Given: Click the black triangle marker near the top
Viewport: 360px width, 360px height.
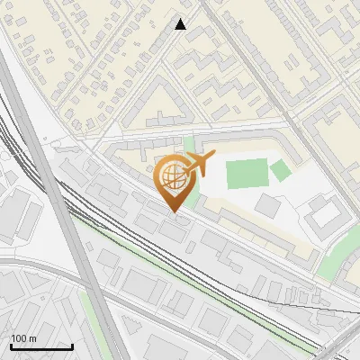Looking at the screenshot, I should coord(181,24).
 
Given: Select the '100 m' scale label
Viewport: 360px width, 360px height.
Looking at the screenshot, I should coord(23,338).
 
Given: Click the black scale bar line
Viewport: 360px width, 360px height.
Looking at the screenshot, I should coord(40,346).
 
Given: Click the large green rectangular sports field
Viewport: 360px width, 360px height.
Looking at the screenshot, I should coord(247,174).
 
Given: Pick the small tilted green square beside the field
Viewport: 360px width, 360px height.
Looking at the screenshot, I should coord(281,169).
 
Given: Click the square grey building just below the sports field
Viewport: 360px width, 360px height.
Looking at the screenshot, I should coord(267,205).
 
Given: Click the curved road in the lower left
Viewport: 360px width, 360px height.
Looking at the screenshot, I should coord(36,265).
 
